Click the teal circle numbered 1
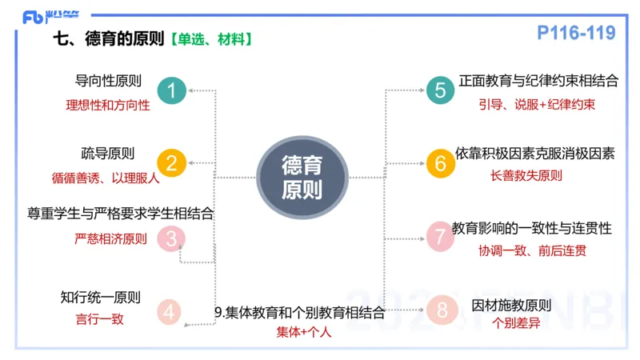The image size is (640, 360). (x=171, y=91)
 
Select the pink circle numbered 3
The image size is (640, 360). (x=171, y=238)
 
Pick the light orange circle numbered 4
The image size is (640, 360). (x=169, y=312)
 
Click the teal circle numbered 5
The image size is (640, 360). (x=440, y=90)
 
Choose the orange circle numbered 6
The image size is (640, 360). (x=440, y=163)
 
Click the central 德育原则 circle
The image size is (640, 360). (x=302, y=178)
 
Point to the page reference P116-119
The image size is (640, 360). (x=576, y=33)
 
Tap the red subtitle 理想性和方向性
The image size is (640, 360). (x=107, y=105)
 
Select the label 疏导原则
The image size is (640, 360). (x=107, y=154)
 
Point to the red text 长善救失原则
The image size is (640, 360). (x=526, y=176)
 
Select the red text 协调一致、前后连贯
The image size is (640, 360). (x=533, y=250)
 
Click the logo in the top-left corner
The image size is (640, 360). (x=45, y=16)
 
